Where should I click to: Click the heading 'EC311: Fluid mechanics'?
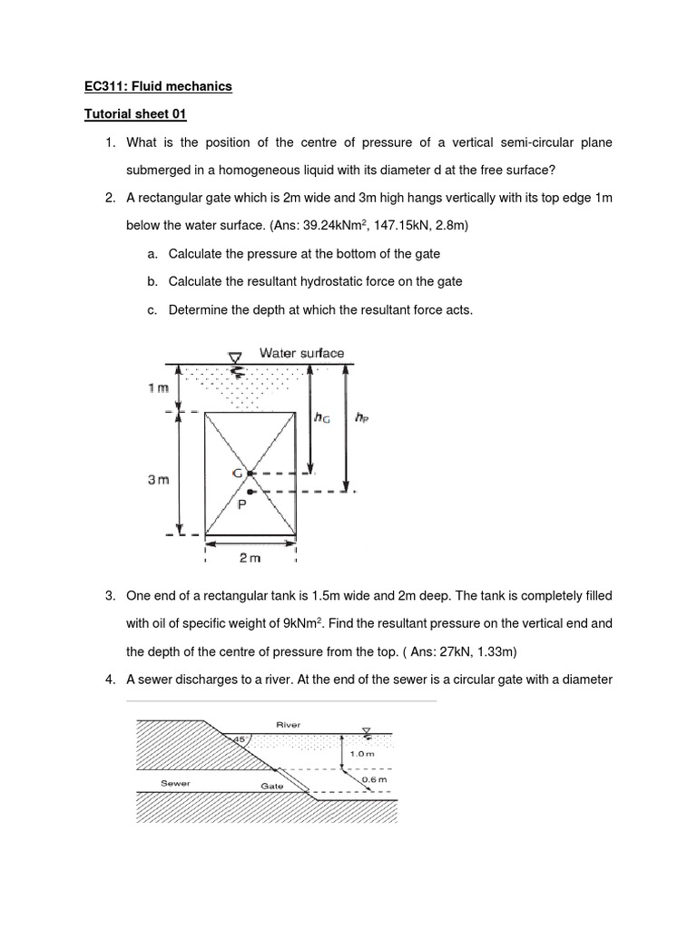158,86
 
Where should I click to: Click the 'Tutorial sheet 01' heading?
134,114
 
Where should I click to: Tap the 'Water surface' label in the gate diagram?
301,352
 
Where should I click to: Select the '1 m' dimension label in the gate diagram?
158,388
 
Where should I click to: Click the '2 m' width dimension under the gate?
250,558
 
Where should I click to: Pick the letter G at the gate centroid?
237,474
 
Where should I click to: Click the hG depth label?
321,417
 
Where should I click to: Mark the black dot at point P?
250,492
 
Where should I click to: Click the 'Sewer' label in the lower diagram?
175,782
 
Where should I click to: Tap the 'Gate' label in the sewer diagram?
272,786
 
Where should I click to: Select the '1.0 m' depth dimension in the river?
361,753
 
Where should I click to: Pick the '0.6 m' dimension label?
374,779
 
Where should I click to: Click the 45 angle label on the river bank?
239,739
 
